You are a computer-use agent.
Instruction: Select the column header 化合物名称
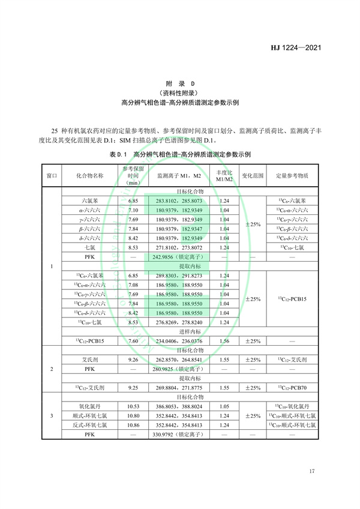point(89,176)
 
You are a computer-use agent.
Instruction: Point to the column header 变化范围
point(253,176)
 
